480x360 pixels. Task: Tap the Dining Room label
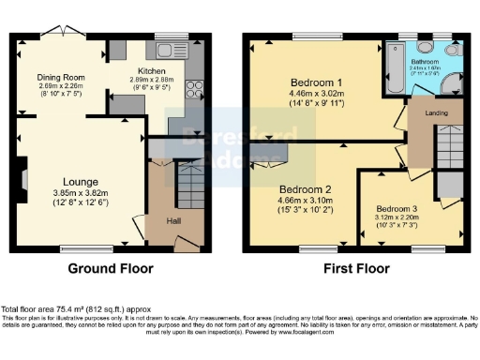(61, 78)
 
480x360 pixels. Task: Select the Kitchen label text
(151, 70)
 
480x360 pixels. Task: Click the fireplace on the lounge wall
(25, 178)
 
